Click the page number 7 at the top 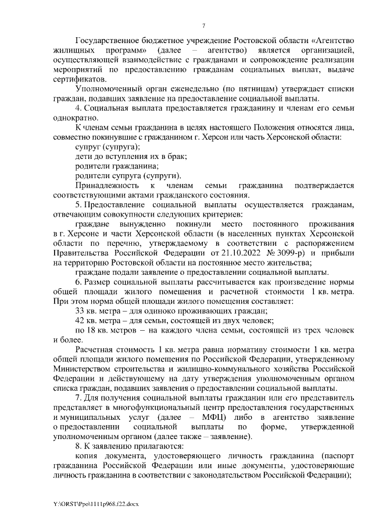pyautogui.click(x=203, y=25)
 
